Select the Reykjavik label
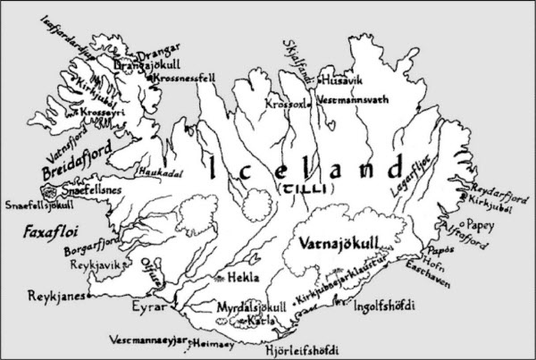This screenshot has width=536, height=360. [x=90, y=266]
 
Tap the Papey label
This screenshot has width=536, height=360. [x=478, y=215]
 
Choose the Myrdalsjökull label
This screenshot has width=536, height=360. [x=253, y=306]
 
